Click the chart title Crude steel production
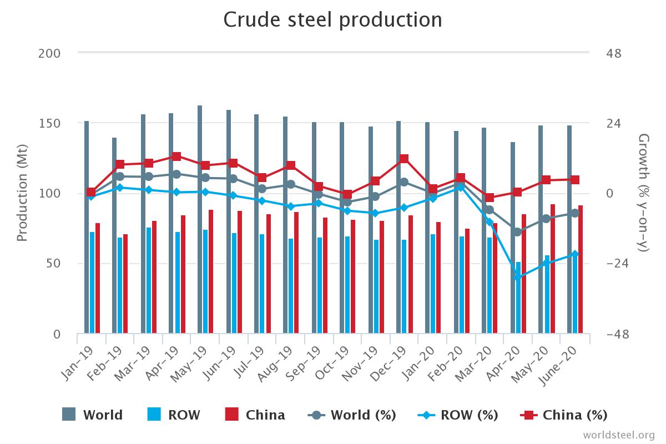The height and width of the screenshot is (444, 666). (x=332, y=19)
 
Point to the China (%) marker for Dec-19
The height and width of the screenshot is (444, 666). (x=404, y=159)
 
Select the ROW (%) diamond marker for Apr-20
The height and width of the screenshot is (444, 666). (x=517, y=276)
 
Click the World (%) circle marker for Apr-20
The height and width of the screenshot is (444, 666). (x=517, y=232)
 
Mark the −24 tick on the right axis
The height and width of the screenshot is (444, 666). (x=620, y=264)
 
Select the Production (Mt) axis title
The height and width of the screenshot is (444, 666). (x=22, y=193)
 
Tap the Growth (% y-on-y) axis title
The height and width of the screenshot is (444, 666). (x=644, y=193)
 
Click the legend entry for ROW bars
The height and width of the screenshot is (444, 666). (x=174, y=415)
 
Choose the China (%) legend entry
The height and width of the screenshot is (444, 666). (x=564, y=415)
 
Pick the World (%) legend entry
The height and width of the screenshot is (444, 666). (x=352, y=415)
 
